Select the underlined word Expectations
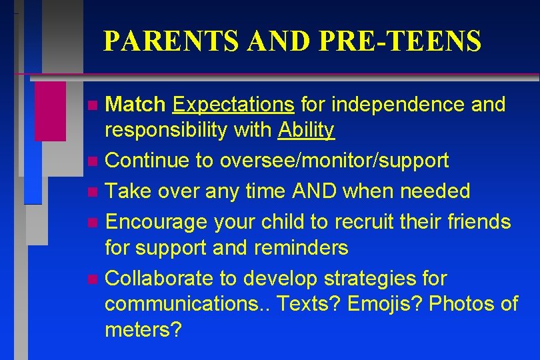point(233,105)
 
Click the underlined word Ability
point(307,130)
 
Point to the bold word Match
point(135,105)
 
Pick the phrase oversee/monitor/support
point(328,161)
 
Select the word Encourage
point(157,221)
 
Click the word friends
point(477,221)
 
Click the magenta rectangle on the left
point(50,111)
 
